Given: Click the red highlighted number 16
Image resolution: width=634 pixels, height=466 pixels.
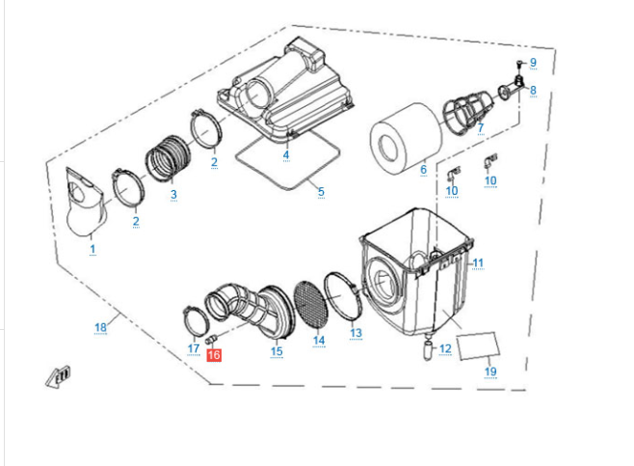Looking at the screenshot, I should tap(214, 355).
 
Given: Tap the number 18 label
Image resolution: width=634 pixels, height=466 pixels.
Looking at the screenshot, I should tap(101, 328).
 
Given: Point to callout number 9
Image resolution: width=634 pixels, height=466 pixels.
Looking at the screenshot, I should tap(533, 64).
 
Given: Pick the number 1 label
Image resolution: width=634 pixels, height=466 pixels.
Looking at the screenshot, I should tap(92, 250).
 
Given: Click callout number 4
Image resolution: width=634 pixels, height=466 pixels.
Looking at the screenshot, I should tap(286, 155).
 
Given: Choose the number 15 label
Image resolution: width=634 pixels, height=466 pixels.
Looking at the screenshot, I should tap(277, 351).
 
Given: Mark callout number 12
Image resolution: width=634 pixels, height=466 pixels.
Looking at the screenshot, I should tap(444, 349).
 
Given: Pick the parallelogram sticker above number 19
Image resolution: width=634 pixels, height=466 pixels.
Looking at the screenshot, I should tap(478, 344).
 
